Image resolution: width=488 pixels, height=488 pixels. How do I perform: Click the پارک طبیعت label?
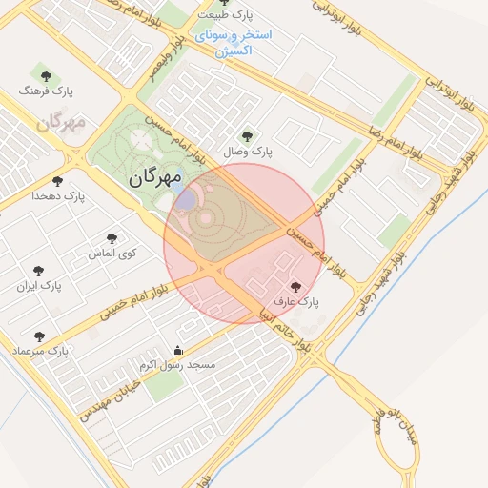225,16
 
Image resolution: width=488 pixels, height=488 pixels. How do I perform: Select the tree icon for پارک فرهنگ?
44,74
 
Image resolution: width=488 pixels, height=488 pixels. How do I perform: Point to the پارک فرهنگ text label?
46,91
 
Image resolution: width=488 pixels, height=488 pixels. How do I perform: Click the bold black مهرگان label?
155,176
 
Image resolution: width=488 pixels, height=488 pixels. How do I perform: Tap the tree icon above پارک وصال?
249,136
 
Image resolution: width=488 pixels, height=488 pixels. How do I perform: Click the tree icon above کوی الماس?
112,238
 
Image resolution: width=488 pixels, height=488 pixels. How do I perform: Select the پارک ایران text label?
39,285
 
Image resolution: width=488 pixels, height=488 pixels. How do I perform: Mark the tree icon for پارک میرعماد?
39,336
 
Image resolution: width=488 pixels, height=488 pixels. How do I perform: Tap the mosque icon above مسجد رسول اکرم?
177,350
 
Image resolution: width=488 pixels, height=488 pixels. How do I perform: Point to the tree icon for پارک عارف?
295,285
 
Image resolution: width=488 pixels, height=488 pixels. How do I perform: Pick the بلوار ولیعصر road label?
165,64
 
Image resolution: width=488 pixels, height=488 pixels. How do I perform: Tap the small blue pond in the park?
187,199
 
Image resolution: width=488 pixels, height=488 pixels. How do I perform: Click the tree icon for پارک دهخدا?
57,181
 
